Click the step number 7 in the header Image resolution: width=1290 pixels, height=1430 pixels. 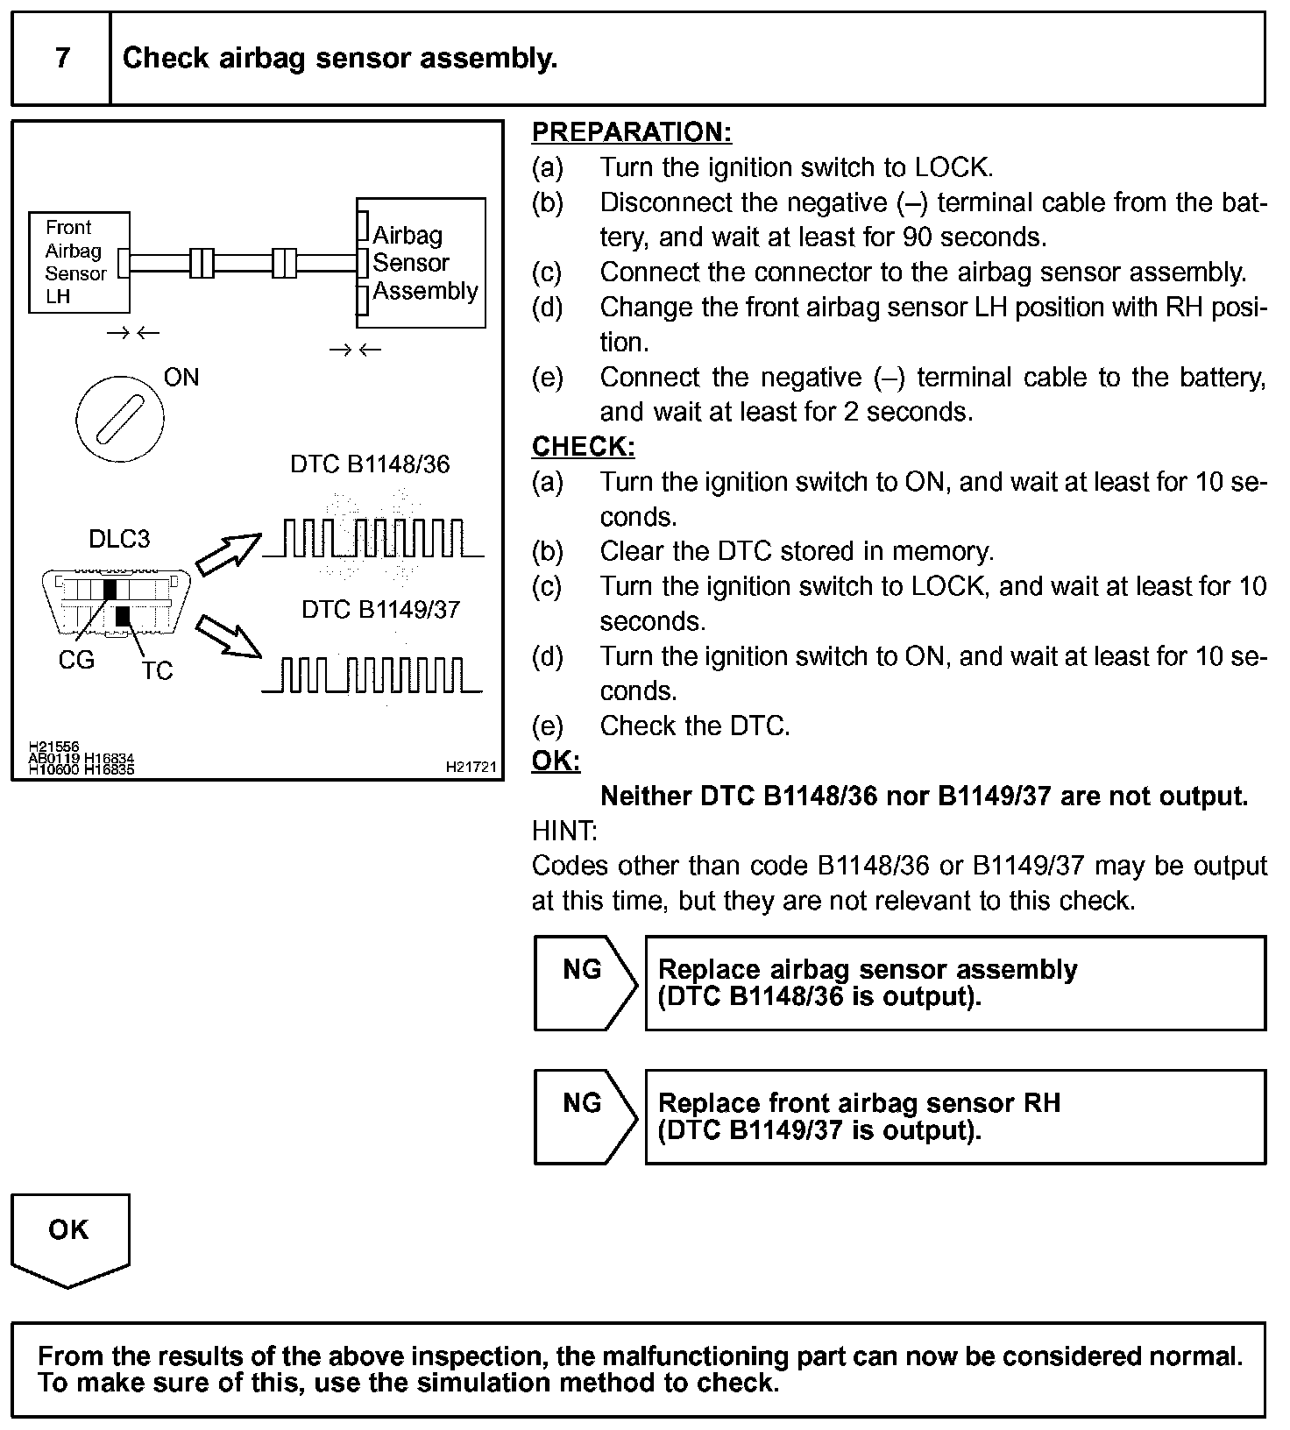[61, 59]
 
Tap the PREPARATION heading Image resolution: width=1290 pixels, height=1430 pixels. [631, 132]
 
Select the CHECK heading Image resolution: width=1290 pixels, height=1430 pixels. [583, 447]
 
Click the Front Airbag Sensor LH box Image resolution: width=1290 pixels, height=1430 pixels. [79, 262]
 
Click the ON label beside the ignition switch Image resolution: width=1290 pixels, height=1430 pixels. [181, 378]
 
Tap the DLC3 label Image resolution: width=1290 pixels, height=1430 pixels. [119, 539]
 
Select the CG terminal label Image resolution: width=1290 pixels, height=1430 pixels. [76, 661]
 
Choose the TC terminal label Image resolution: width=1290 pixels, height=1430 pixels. [157, 671]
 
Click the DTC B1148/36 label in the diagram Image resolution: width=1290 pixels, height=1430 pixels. [370, 464]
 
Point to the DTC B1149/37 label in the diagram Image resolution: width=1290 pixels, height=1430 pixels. [380, 610]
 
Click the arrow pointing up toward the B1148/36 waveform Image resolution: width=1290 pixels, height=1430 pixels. [227, 555]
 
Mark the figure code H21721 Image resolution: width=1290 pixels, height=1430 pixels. [471, 768]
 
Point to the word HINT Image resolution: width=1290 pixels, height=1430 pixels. [564, 831]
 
